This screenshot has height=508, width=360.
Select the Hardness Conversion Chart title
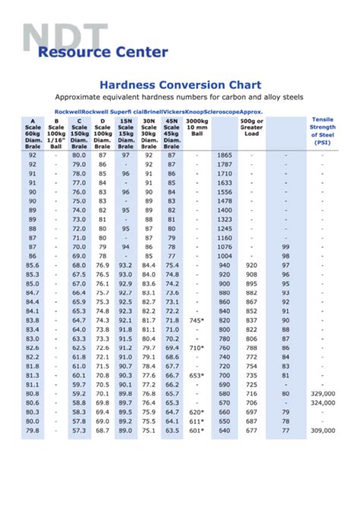coord(181,84)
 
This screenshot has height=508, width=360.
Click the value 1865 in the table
coord(225,155)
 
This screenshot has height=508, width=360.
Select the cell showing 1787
coord(225,164)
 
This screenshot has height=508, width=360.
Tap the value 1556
coord(225,191)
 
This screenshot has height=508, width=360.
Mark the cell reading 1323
coord(225,219)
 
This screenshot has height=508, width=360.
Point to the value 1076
coord(225,246)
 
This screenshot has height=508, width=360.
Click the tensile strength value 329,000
coord(322,393)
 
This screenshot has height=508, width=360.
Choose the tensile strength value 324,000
coord(322,402)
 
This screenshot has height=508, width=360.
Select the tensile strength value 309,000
coord(322,430)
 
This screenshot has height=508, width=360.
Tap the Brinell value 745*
coord(197,320)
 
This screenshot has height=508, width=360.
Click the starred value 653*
coord(197,375)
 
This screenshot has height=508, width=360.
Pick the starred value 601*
coord(197,430)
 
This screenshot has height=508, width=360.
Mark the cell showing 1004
coord(225,255)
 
